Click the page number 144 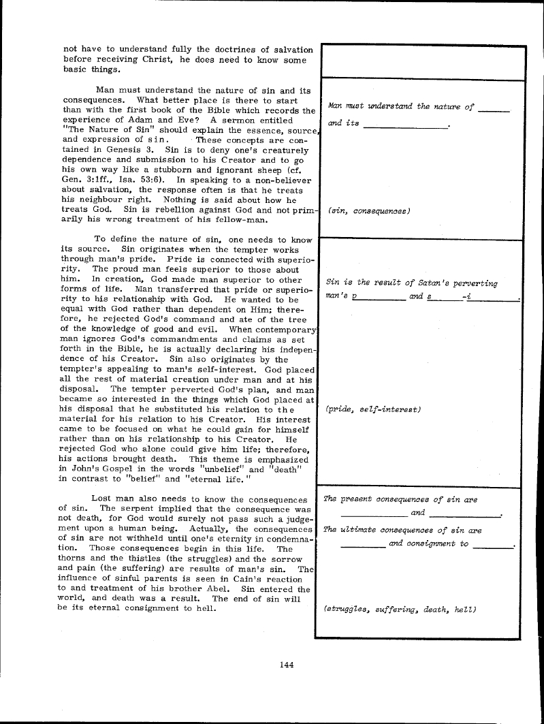point(286,665)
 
